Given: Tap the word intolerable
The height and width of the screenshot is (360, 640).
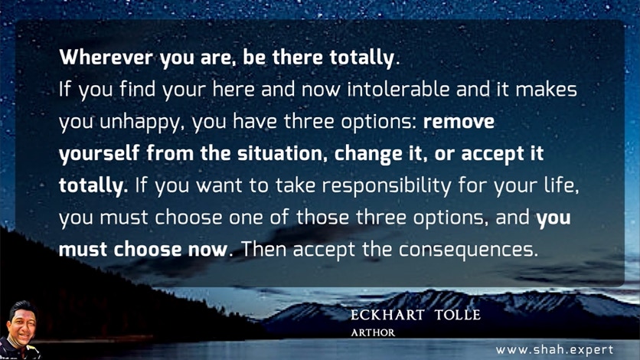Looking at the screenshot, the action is point(398,89).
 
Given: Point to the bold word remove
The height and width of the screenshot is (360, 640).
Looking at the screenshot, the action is point(459,122).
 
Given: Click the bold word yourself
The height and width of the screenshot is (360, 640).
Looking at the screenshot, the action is point(100,154).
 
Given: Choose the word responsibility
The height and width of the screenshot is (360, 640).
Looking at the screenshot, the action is point(387,186).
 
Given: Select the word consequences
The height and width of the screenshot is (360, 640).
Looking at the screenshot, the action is point(469,250).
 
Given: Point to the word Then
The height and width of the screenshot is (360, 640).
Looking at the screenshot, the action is point(263,249).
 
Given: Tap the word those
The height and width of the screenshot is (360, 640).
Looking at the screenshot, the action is point(322,217).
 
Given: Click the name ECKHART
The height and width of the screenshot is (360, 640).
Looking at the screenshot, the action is point(387,315).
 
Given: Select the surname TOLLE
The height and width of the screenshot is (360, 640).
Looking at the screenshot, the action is point(458,315).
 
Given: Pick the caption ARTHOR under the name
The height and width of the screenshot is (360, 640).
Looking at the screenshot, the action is point(373,332).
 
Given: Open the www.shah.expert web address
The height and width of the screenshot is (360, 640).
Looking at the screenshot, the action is point(554,350).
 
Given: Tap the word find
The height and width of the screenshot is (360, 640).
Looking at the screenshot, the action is point(137,89).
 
